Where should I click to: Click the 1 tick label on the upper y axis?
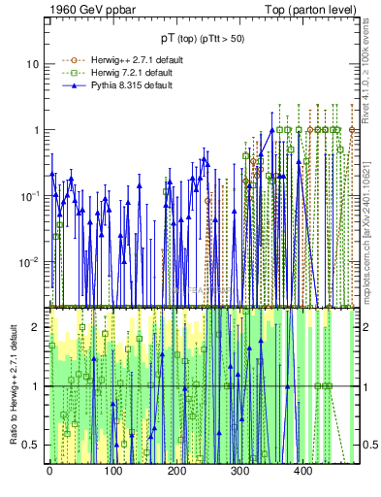(37, 130)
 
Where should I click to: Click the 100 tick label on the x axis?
(113, 473)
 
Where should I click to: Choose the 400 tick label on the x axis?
(302, 473)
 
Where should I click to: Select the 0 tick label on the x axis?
(49, 473)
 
